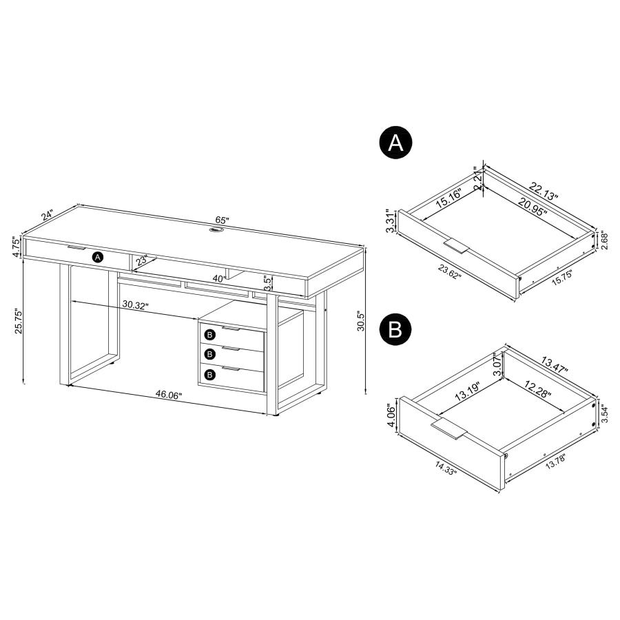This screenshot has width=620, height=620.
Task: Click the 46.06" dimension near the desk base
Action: click(x=168, y=395)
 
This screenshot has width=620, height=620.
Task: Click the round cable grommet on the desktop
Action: click(x=217, y=231)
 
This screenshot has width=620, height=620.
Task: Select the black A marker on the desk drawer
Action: click(x=97, y=257)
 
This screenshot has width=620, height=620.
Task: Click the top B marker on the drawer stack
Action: click(x=211, y=334)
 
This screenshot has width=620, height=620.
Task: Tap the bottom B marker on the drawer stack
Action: click(x=211, y=374)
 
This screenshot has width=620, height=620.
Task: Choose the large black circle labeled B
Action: click(x=395, y=329)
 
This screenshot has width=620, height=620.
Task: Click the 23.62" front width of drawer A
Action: click(x=447, y=273)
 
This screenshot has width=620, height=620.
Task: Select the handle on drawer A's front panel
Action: click(x=457, y=245)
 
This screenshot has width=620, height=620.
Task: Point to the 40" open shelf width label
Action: click(x=220, y=278)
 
